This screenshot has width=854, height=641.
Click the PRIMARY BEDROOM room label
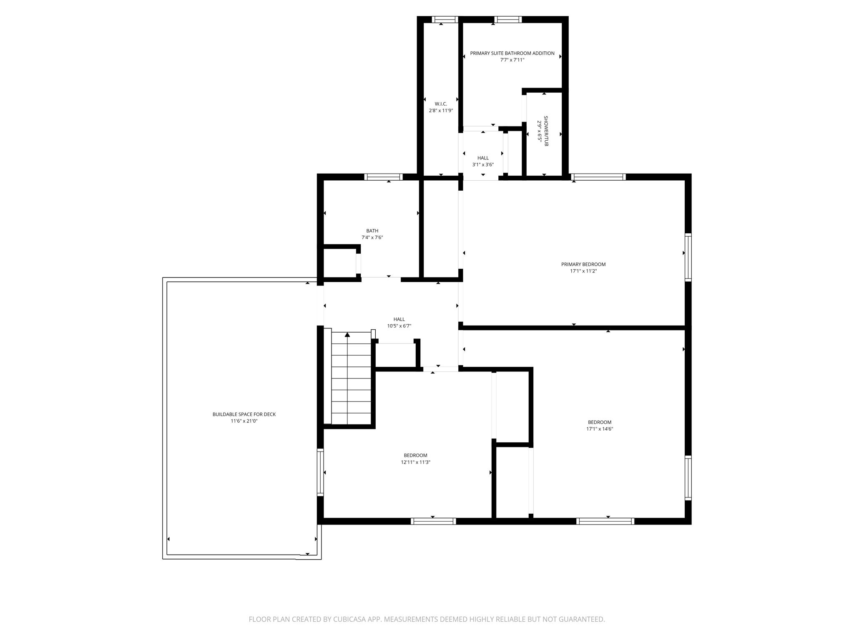coord(583,264)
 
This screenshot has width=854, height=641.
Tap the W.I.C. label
coord(441,104)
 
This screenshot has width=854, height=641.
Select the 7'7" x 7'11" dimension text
coord(512,60)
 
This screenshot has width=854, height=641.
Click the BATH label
coord(372,231)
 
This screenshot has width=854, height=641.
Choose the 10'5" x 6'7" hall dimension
coord(399,326)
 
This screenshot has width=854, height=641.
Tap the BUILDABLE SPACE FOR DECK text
coord(244,414)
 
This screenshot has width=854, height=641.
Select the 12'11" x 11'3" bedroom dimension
coord(415,462)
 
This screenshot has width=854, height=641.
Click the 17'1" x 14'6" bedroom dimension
coord(599,429)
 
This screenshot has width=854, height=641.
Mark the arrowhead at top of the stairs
coord(347,335)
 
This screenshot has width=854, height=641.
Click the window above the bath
coord(383,177)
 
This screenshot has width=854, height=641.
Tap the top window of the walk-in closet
coord(445,19)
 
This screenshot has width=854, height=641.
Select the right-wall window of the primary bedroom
coord(688,257)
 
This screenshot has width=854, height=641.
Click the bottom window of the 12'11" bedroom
coord(433,521)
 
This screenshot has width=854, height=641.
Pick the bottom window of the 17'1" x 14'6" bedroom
coord(605,521)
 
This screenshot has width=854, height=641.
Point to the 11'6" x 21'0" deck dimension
coord(244,421)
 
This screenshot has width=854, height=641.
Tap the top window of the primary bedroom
coord(598,177)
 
